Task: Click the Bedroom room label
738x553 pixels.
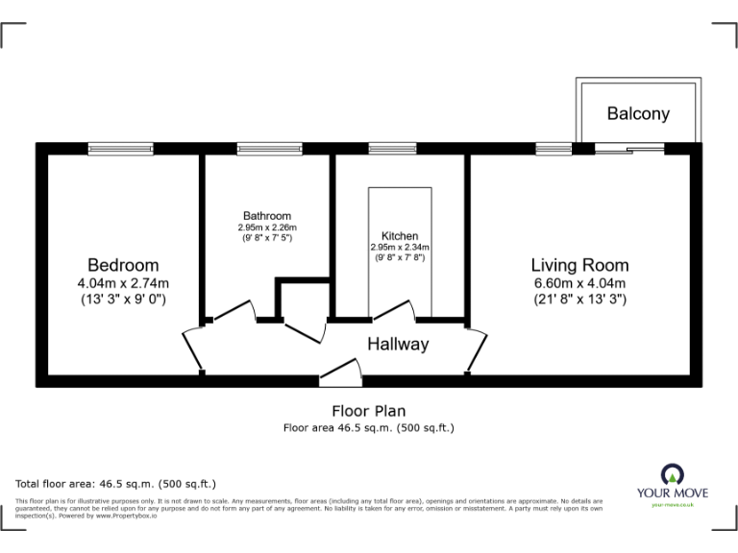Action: [123, 265]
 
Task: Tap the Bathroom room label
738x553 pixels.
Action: [267, 216]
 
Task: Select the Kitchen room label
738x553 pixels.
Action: [400, 236]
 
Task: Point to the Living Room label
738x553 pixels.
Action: [580, 265]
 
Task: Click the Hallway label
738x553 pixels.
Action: [398, 344]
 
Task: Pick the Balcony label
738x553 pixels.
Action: [638, 113]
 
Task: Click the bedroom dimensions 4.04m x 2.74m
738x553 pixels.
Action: [123, 283]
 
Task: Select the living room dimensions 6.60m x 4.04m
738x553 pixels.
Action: [580, 283]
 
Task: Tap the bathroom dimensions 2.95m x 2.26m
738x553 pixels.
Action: [267, 228]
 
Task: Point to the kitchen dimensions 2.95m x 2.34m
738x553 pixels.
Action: [400, 247]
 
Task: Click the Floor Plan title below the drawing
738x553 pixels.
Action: [368, 411]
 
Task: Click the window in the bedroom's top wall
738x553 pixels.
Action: [114, 148]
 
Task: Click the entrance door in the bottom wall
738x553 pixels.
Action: [340, 373]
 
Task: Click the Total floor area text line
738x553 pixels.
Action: [116, 484]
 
